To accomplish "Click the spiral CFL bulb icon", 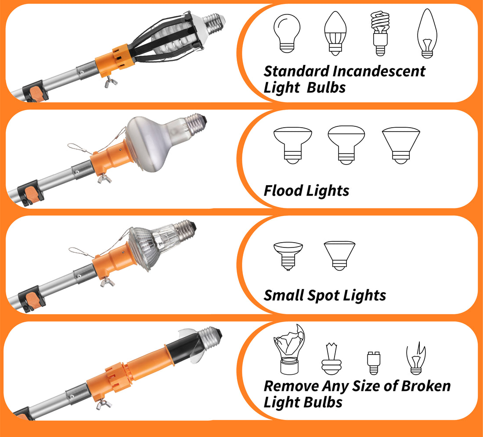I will coord(380,34).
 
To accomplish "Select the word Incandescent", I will coord(379,71).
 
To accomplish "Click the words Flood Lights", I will coord(306,191).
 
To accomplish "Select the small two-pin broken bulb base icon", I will coord(373,363).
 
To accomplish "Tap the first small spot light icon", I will coord(288,255).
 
